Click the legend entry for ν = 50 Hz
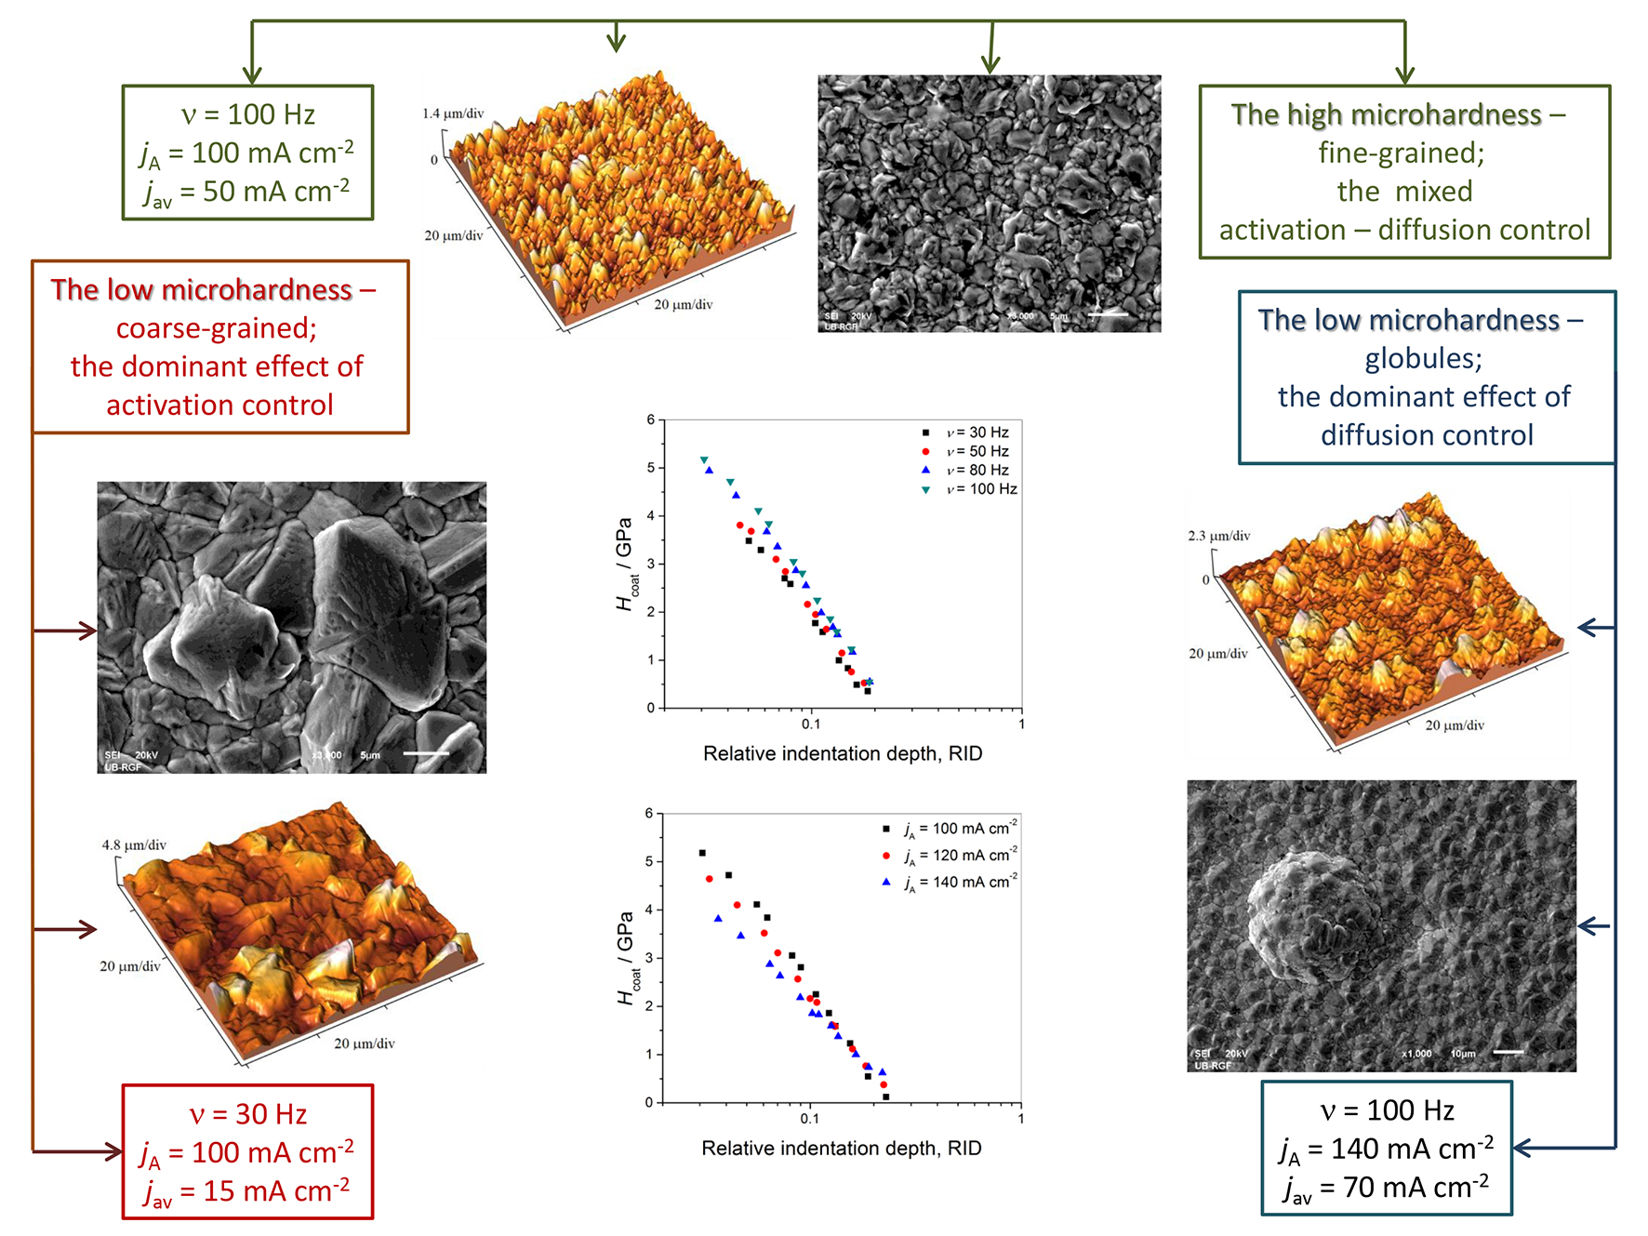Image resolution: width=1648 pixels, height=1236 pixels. tap(977, 451)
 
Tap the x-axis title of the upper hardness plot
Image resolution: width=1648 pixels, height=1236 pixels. tap(842, 753)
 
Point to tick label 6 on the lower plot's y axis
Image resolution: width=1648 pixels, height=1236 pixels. tap(648, 813)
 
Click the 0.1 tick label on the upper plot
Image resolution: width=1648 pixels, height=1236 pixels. tap(811, 724)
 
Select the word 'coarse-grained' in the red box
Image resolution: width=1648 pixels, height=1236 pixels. tap(216, 328)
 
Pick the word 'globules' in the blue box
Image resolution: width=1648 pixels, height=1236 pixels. tap(1422, 358)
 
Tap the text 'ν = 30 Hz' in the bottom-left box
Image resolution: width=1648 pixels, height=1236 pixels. tap(247, 1113)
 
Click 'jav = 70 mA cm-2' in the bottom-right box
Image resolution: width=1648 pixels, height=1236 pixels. tap(1386, 1189)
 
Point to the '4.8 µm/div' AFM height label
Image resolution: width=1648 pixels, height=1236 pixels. tap(134, 845)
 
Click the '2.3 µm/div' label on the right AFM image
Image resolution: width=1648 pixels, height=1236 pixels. tap(1218, 536)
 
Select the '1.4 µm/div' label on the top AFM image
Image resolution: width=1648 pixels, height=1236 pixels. tap(453, 113)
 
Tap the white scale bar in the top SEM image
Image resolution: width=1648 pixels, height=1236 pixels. tap(1108, 314)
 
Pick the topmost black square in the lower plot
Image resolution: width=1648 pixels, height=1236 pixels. tap(702, 853)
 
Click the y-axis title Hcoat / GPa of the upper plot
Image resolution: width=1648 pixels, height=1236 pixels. tap(625, 564)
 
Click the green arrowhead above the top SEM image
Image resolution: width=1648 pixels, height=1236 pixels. tap(990, 64)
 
